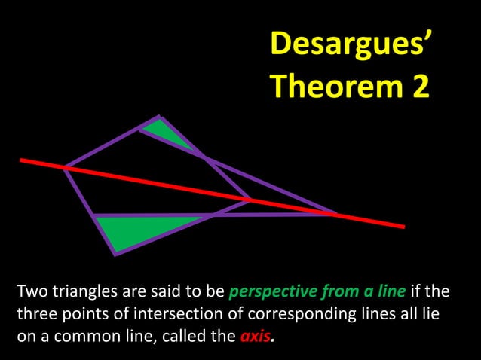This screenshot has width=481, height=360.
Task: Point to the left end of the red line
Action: [22, 160]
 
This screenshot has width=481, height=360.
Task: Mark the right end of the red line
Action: [403, 226]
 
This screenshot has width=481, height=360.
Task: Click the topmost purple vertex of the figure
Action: [158, 117]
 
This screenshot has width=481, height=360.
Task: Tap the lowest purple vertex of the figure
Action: [115, 254]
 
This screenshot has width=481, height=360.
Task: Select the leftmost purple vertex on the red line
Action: [65, 167]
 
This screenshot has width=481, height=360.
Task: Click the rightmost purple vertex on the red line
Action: [336, 215]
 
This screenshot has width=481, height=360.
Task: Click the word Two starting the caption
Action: [30, 291]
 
